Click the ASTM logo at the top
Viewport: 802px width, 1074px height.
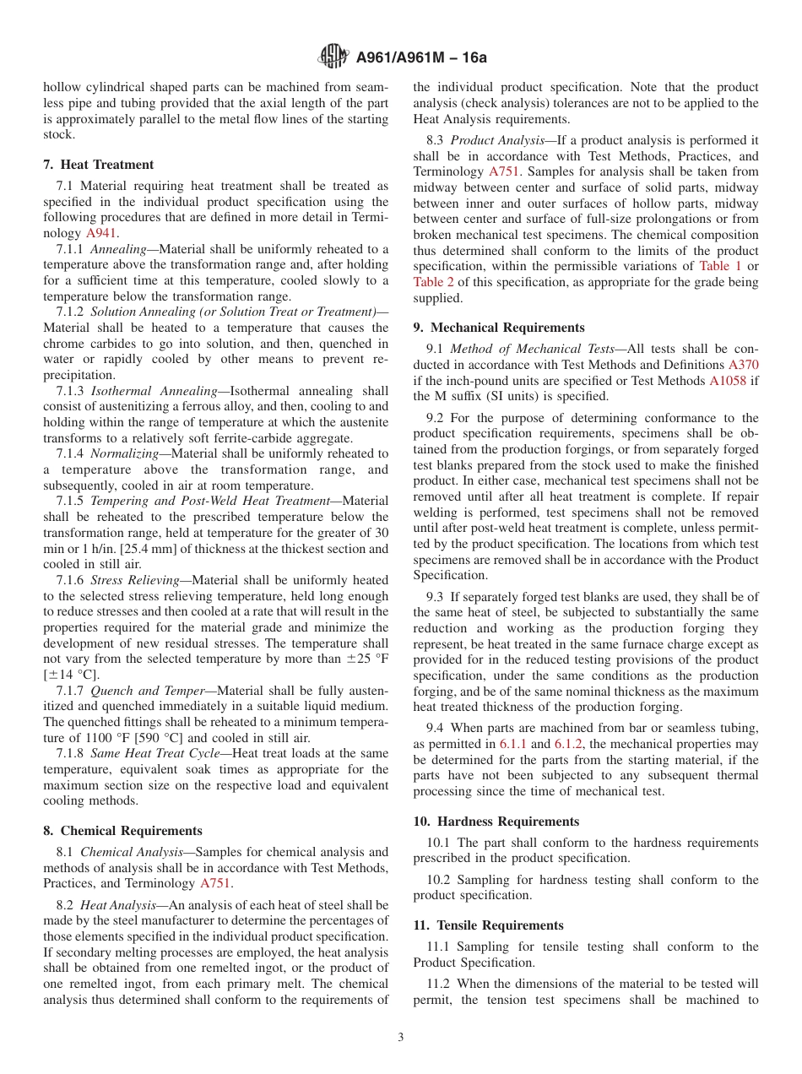pos(333,57)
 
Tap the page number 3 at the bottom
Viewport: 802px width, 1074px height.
pos(401,1038)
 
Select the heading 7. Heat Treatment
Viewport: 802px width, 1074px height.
pos(99,165)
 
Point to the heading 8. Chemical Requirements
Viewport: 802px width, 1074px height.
pos(122,831)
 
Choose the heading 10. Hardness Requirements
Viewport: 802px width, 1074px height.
pos(496,822)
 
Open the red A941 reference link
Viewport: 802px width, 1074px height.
pos(101,233)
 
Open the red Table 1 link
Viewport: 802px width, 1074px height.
pos(720,266)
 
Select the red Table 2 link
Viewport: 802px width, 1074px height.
pos(433,282)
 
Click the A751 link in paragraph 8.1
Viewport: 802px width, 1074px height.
pos(214,884)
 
